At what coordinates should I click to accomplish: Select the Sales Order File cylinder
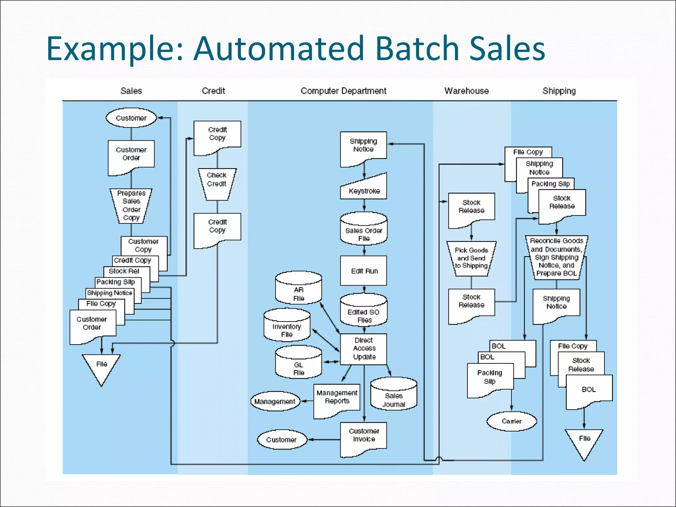(364, 231)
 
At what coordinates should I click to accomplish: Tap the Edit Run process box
(364, 271)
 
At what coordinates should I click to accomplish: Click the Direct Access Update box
(364, 349)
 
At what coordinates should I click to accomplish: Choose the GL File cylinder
(298, 364)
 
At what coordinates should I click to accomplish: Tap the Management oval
(275, 401)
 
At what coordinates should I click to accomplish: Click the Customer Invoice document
(364, 437)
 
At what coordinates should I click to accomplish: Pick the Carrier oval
(512, 421)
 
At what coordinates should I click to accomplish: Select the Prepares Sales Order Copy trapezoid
(131, 206)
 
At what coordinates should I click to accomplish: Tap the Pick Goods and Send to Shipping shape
(471, 258)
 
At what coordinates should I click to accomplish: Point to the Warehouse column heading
(466, 91)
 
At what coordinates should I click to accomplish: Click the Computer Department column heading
(343, 91)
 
